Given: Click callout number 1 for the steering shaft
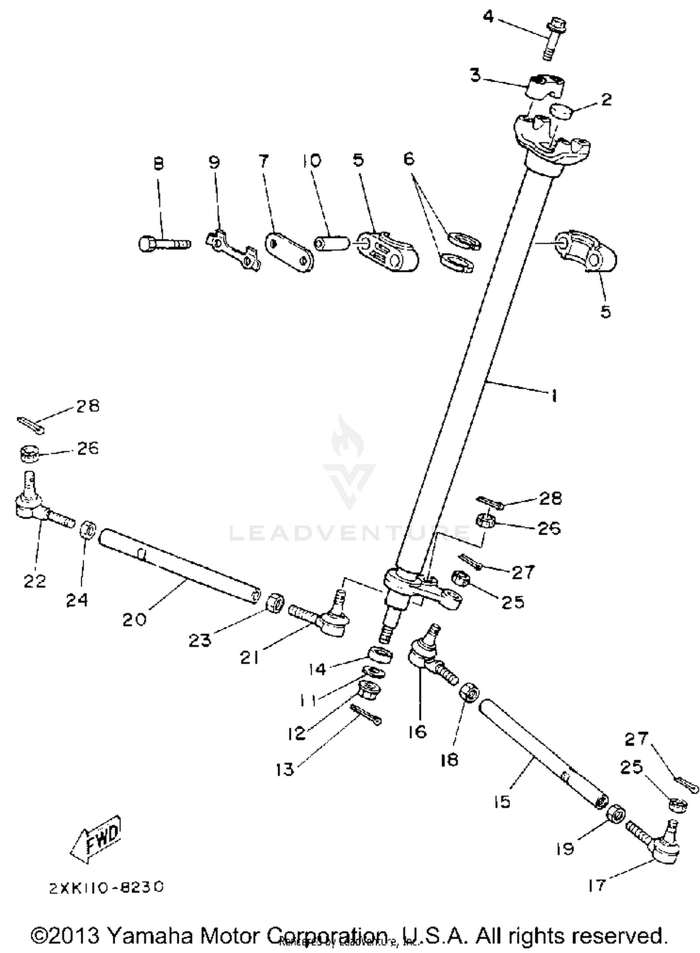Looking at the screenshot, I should point(553,397).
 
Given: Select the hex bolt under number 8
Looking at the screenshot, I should point(163,243).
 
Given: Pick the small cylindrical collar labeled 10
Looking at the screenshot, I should point(331,243).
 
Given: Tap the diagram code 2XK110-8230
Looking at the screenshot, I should point(106,886).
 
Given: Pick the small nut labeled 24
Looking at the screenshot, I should point(88,530).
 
